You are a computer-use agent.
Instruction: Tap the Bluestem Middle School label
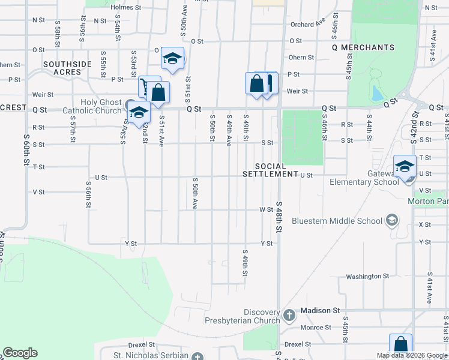pyautogui.click(x=337, y=221)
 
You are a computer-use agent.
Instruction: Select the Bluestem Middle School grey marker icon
pyautogui.click(x=392, y=220)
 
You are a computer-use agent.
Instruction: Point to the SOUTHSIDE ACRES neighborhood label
pyautogui.click(x=67, y=68)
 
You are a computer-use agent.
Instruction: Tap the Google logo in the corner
pyautogui.click(x=20, y=353)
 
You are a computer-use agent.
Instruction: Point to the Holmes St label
pyautogui.click(x=125, y=8)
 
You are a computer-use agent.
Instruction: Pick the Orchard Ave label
pyautogui.click(x=307, y=25)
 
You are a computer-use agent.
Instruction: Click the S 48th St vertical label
pyautogui.click(x=279, y=217)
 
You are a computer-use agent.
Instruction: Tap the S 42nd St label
pyautogui.click(x=414, y=126)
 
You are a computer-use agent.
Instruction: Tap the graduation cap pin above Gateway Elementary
pyautogui.click(x=405, y=166)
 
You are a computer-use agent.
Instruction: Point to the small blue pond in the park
pyautogui.click(x=376, y=93)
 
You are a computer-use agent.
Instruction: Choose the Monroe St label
pyautogui.click(x=319, y=328)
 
